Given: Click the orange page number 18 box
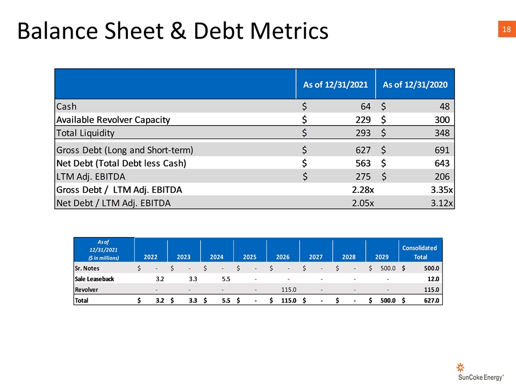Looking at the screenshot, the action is click(x=507, y=29).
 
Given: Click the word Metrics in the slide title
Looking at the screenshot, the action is click(x=289, y=31).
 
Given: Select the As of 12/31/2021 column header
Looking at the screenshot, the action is click(x=335, y=84).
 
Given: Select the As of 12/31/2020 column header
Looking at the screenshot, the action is click(x=415, y=84).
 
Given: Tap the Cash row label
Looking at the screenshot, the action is click(x=67, y=106).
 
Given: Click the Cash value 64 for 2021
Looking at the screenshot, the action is click(x=365, y=106).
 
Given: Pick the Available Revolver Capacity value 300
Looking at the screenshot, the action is click(x=442, y=119).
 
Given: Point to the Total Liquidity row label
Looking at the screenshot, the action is click(x=85, y=133).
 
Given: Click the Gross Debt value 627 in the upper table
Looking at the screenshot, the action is click(x=363, y=150).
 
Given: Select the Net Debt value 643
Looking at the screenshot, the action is click(x=442, y=163).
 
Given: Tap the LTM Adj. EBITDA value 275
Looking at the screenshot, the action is click(x=363, y=177).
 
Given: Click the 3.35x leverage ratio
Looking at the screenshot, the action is click(x=442, y=190).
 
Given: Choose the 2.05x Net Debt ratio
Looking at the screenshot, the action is click(x=363, y=203).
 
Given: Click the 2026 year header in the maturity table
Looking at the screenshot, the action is click(x=283, y=257).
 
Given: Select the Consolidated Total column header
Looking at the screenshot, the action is click(x=420, y=252).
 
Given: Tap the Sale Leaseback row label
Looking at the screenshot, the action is click(x=95, y=279).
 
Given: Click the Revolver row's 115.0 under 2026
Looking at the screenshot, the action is click(x=289, y=290).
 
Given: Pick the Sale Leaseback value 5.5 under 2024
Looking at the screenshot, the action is click(x=226, y=279).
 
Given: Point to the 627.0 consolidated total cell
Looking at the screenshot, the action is click(x=432, y=300).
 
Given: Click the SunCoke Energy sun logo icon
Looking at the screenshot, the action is click(x=461, y=367).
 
